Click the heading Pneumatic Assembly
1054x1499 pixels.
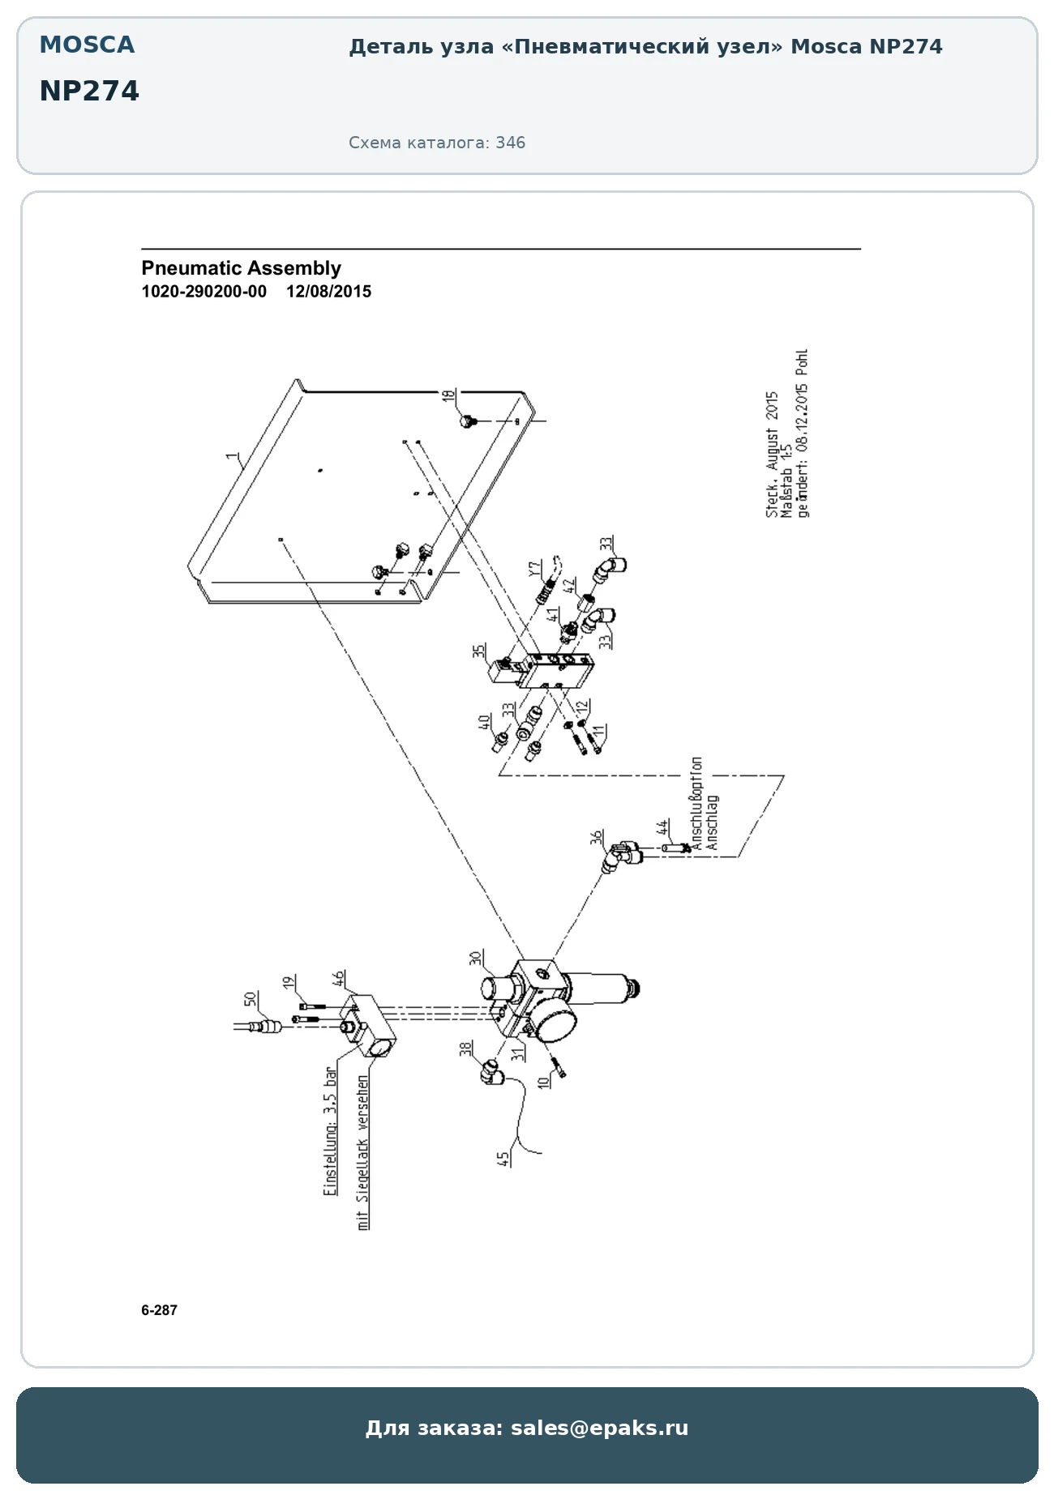(241, 268)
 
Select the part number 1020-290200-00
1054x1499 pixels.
(204, 292)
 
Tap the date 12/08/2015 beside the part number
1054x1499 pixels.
(328, 292)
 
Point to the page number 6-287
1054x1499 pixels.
(159, 1310)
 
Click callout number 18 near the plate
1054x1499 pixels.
(448, 396)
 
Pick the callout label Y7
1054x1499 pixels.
(534, 569)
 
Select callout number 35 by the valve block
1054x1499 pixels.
(479, 651)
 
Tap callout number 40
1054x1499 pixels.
(484, 721)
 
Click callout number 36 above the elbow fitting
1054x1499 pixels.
(597, 837)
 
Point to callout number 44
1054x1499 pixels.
(663, 827)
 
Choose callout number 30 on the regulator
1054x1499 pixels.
(476, 957)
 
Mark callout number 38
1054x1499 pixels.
(465, 1048)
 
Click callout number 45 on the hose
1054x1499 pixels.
(503, 1159)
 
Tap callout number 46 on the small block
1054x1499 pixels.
(339, 977)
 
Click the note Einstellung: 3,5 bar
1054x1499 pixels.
(330, 1132)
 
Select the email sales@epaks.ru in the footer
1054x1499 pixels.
(599, 1428)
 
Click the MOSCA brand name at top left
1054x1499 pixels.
(87, 45)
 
